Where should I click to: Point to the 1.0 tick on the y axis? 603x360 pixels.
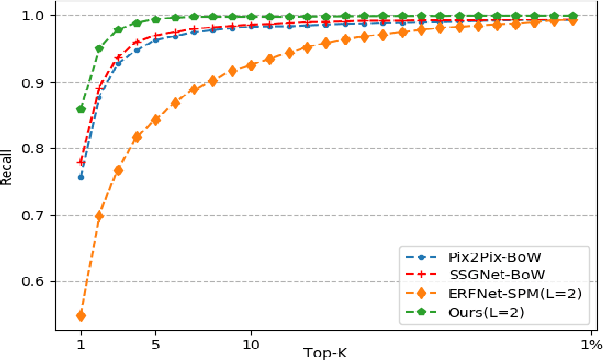pyautogui.click(x=40, y=15)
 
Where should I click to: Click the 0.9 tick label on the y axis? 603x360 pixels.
pyautogui.click(x=40, y=82)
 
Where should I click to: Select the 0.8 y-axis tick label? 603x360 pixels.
pyautogui.click(x=40, y=148)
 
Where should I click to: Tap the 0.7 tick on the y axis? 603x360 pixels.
pyautogui.click(x=40, y=215)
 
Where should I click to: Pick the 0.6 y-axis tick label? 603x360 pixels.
pyautogui.click(x=40, y=281)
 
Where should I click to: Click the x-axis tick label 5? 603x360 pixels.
pyautogui.click(x=156, y=345)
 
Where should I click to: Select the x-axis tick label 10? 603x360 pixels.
pyautogui.click(x=251, y=345)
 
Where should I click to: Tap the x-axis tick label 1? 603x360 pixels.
pyautogui.click(x=81, y=345)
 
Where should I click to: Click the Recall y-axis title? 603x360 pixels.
pyautogui.click(x=8, y=167)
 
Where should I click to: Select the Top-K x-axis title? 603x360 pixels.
pyautogui.click(x=326, y=352)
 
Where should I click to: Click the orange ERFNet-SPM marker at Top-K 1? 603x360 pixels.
pyautogui.click(x=81, y=316)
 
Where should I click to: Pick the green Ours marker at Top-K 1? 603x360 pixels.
pyautogui.click(x=81, y=109)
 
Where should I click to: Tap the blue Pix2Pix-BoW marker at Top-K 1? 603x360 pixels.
pyautogui.click(x=81, y=177)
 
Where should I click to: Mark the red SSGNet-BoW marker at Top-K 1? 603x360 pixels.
pyautogui.click(x=81, y=162)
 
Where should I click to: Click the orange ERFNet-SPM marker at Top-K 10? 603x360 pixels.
pyautogui.click(x=251, y=65)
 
